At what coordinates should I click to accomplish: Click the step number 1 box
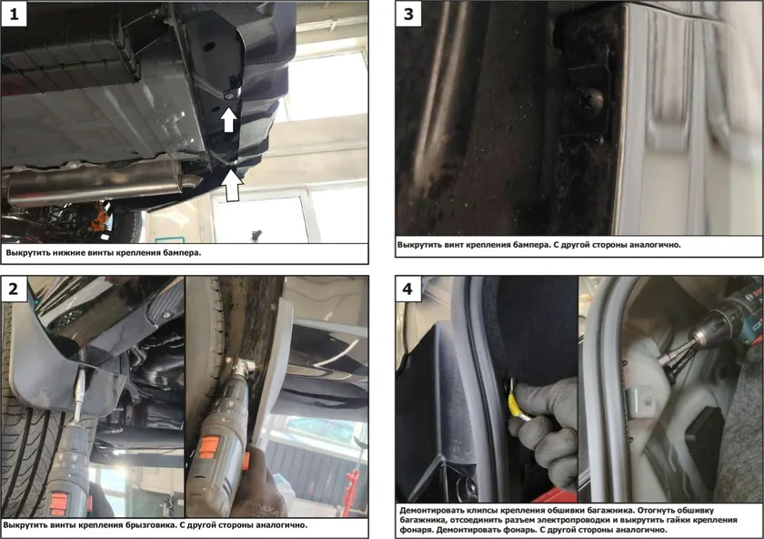pos(14,14)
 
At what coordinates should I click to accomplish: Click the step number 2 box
pos(14,289)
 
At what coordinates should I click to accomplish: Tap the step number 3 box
pos(408,14)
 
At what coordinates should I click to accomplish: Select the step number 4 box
pos(408,289)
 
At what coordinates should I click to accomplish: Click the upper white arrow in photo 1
pos(228,120)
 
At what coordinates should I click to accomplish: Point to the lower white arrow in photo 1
pos(234,185)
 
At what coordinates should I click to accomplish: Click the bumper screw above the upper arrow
pos(229,97)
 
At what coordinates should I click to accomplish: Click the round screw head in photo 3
pos(592,99)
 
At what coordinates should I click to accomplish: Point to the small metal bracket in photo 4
pos(639,401)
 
